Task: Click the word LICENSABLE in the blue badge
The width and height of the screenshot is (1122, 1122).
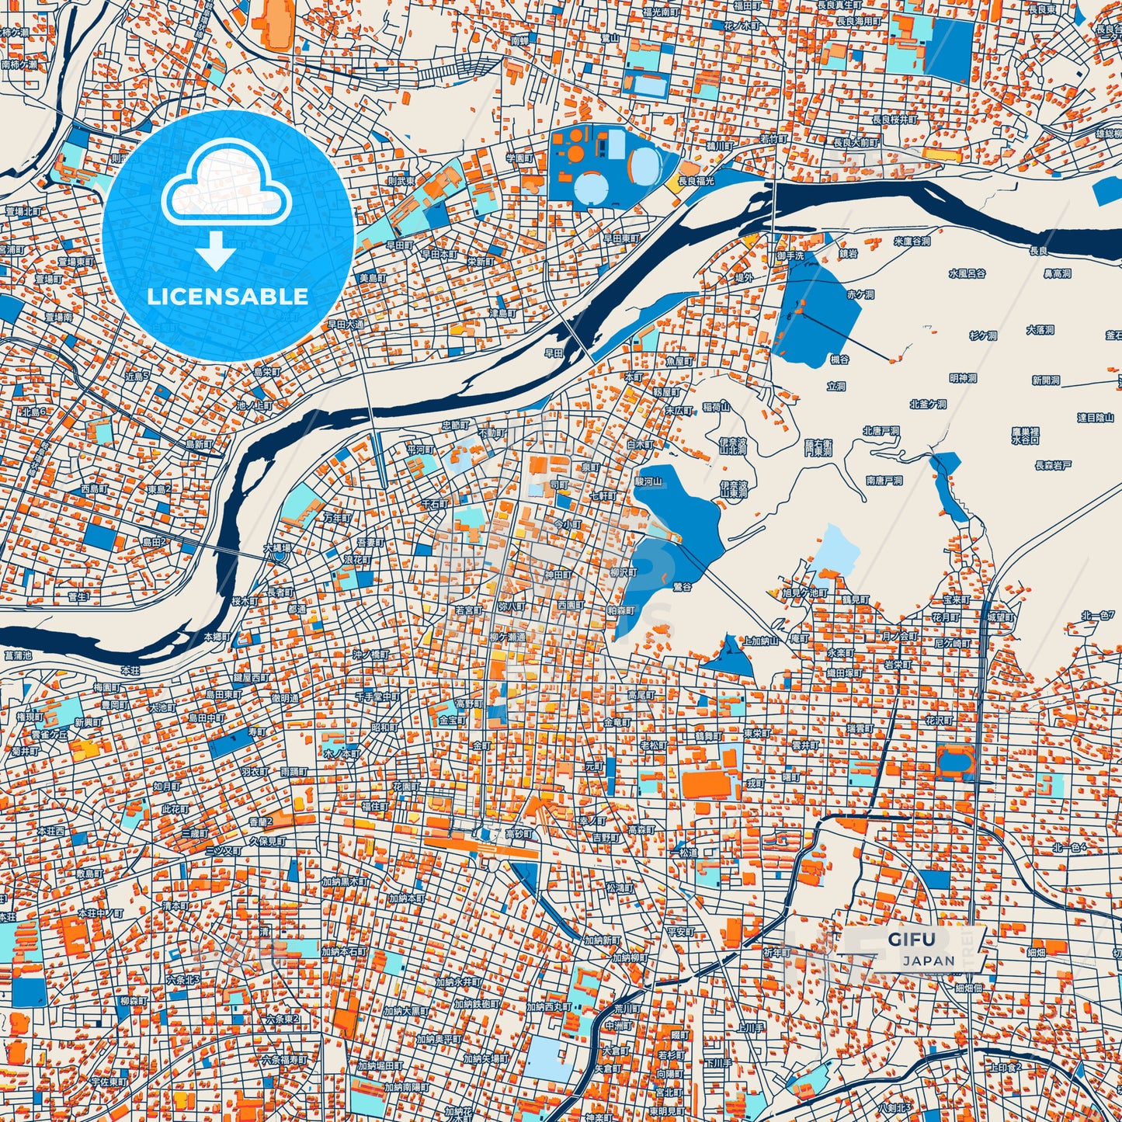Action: click(228, 297)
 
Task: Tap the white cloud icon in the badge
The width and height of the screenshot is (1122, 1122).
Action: click(226, 185)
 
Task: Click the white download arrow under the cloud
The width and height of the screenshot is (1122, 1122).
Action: click(216, 252)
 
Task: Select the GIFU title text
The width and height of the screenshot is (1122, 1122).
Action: click(912, 939)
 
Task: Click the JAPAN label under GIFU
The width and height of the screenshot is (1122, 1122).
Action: click(929, 960)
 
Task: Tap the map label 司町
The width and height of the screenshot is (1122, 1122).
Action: click(559, 485)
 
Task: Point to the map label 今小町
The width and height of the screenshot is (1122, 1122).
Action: click(567, 525)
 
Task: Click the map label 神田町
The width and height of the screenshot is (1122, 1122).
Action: click(558, 575)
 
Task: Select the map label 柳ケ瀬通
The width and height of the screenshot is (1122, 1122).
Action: click(507, 637)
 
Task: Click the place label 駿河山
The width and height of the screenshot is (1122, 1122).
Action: click(648, 481)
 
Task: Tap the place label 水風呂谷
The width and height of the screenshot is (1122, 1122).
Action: click(967, 273)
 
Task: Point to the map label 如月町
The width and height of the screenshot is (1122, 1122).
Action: click(166, 786)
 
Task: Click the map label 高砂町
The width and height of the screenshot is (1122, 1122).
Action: click(519, 834)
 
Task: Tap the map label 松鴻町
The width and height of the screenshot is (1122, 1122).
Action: click(620, 888)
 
